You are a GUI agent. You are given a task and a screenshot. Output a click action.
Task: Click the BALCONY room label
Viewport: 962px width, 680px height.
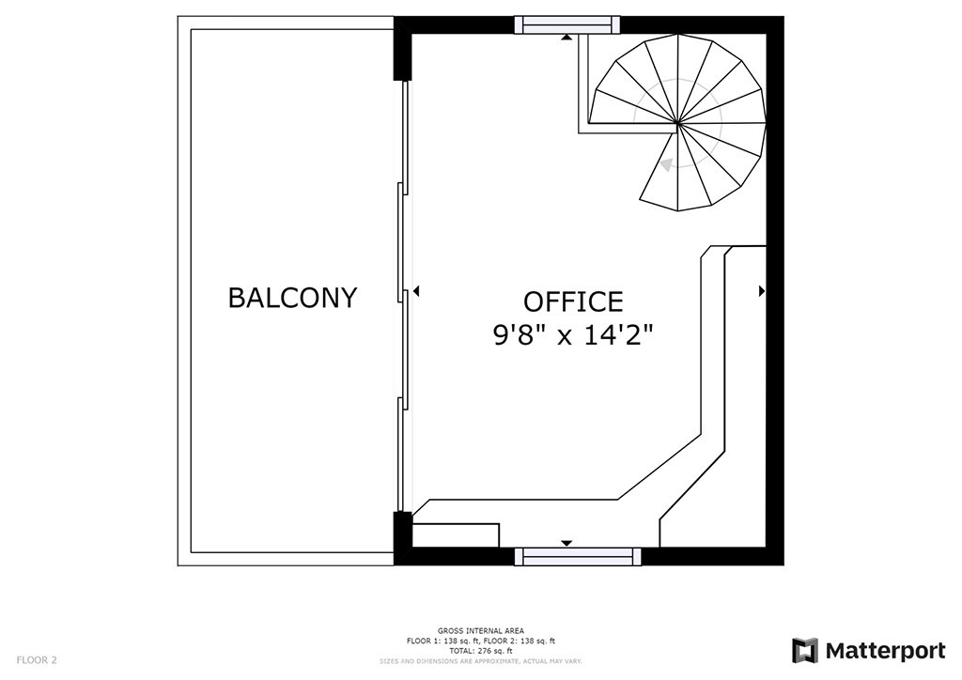pyautogui.click(x=292, y=298)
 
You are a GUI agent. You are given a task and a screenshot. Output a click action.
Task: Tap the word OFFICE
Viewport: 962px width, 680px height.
pyautogui.click(x=573, y=301)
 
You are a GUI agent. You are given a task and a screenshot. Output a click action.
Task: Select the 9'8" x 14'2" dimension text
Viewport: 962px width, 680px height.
pyautogui.click(x=573, y=333)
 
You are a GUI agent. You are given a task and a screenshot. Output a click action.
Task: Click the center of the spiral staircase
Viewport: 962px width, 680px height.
pyautogui.click(x=678, y=123)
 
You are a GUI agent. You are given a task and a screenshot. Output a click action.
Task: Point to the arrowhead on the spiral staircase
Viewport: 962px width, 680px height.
pyautogui.click(x=666, y=165)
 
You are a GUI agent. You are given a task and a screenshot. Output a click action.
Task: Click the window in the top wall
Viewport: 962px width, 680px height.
pyautogui.click(x=567, y=25)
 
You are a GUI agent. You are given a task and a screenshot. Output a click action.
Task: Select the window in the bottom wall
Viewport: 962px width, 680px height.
pyautogui.click(x=578, y=557)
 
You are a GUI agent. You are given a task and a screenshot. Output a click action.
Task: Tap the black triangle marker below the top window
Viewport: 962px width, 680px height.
pyautogui.click(x=566, y=38)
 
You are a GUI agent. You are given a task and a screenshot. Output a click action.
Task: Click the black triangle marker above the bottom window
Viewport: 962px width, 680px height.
pyautogui.click(x=566, y=543)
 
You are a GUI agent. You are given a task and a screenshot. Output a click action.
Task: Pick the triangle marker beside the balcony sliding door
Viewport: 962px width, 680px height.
pyautogui.click(x=416, y=292)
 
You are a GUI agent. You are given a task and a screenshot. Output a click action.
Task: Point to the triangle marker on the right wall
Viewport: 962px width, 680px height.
pyautogui.click(x=761, y=292)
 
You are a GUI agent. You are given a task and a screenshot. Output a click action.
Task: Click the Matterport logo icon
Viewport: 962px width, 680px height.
pyautogui.click(x=804, y=651)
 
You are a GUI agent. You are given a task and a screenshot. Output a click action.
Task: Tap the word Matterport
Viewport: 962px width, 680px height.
pyautogui.click(x=885, y=651)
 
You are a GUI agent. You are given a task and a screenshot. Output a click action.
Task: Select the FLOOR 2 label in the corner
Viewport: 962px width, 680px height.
pyautogui.click(x=37, y=660)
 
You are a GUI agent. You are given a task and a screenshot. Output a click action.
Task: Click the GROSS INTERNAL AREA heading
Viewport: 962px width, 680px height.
pyautogui.click(x=480, y=630)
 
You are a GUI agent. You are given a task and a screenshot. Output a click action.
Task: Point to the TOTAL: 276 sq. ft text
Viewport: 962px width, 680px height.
pyautogui.click(x=480, y=650)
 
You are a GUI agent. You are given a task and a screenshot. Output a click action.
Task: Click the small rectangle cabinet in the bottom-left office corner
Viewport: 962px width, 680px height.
pyautogui.click(x=455, y=535)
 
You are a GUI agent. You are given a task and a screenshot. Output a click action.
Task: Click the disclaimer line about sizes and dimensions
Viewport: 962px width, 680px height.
pyautogui.click(x=480, y=661)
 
